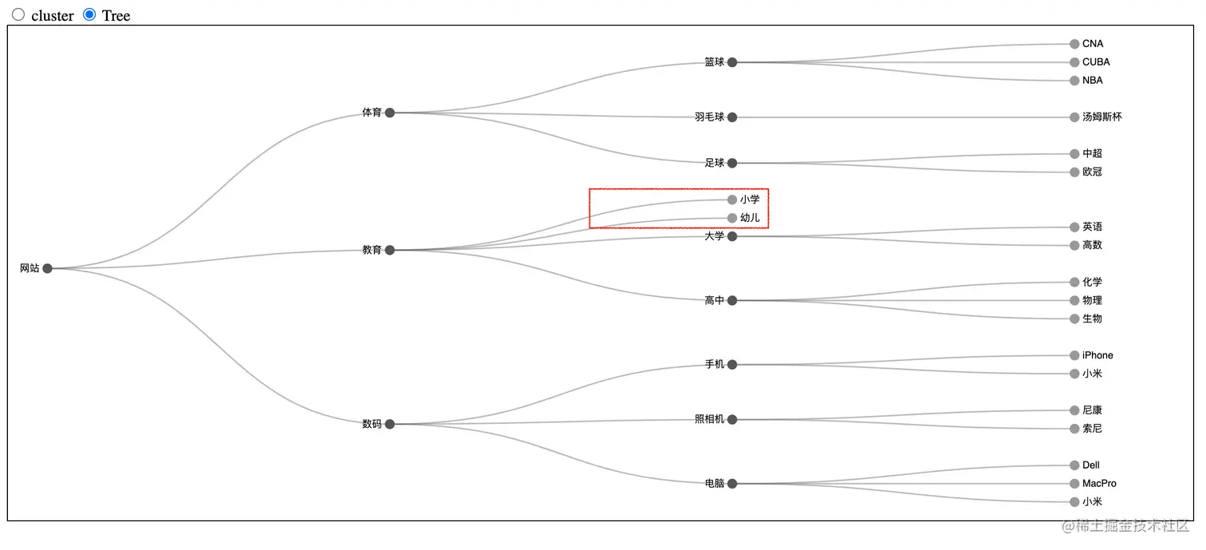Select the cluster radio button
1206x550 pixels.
tap(18, 14)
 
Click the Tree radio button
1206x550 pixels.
tap(89, 14)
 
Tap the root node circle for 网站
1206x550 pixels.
tap(47, 268)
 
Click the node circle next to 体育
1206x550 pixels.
tap(390, 113)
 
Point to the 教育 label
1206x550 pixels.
tap(372, 250)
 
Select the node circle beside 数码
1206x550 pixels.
tap(390, 424)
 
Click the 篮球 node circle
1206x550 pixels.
tap(732, 62)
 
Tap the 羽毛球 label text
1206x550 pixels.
tap(709, 117)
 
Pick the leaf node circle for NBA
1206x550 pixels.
tap(1074, 81)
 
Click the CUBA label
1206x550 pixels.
tap(1096, 62)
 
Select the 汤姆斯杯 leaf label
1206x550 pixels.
tap(1102, 117)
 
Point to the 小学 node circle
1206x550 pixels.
tap(732, 200)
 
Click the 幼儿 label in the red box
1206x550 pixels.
tap(750, 218)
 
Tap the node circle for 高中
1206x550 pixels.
tap(732, 301)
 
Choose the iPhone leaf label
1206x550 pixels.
tap(1098, 355)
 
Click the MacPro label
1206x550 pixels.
tap(1099, 484)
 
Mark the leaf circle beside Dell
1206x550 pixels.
tap(1074, 465)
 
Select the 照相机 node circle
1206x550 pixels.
tap(732, 419)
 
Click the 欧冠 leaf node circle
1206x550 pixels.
tap(1074, 172)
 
